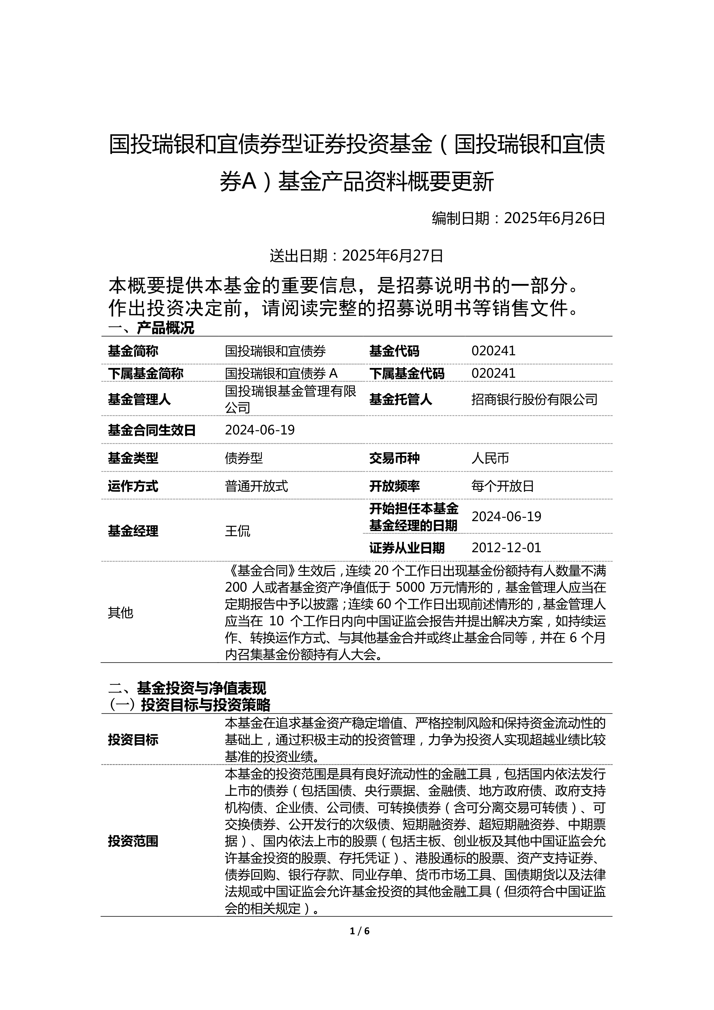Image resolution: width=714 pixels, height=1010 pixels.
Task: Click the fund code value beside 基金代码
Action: pos(493,351)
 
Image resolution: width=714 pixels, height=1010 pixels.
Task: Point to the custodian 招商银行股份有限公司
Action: pos(534,399)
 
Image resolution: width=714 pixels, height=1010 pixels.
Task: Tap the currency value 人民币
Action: pos(490,458)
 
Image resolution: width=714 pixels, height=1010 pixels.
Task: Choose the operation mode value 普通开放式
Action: pos(256,486)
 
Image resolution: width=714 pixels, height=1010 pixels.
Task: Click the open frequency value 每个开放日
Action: pos(502,486)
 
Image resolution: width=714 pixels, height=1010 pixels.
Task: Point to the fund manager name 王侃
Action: pos(237,531)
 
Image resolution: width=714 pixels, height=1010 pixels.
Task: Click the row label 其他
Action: pos(121,613)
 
